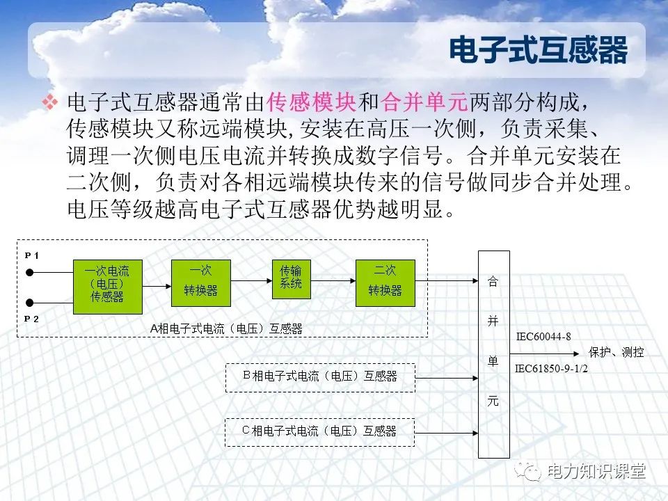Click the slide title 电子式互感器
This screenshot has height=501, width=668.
[x=538, y=51]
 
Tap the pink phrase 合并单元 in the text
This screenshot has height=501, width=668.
[x=425, y=103]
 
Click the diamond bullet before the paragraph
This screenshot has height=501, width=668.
[x=50, y=103]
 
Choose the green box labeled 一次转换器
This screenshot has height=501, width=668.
[x=200, y=280]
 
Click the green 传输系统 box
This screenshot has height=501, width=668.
[x=291, y=278]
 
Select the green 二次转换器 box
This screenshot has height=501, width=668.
[x=385, y=280]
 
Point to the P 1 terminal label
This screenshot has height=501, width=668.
[x=32, y=255]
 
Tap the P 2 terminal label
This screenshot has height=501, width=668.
[x=32, y=318]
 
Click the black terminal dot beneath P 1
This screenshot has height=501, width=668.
[x=30, y=272]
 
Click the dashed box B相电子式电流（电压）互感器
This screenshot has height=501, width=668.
[x=320, y=376]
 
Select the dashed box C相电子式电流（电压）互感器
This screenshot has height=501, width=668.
[x=320, y=431]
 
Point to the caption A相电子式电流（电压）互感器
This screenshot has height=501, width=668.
[x=226, y=328]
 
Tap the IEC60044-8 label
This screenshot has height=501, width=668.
[x=543, y=337]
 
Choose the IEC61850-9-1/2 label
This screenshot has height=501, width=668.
[x=552, y=369]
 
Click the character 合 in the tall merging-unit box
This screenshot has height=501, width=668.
[x=493, y=282]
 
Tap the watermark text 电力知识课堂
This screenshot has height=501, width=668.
[x=597, y=472]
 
